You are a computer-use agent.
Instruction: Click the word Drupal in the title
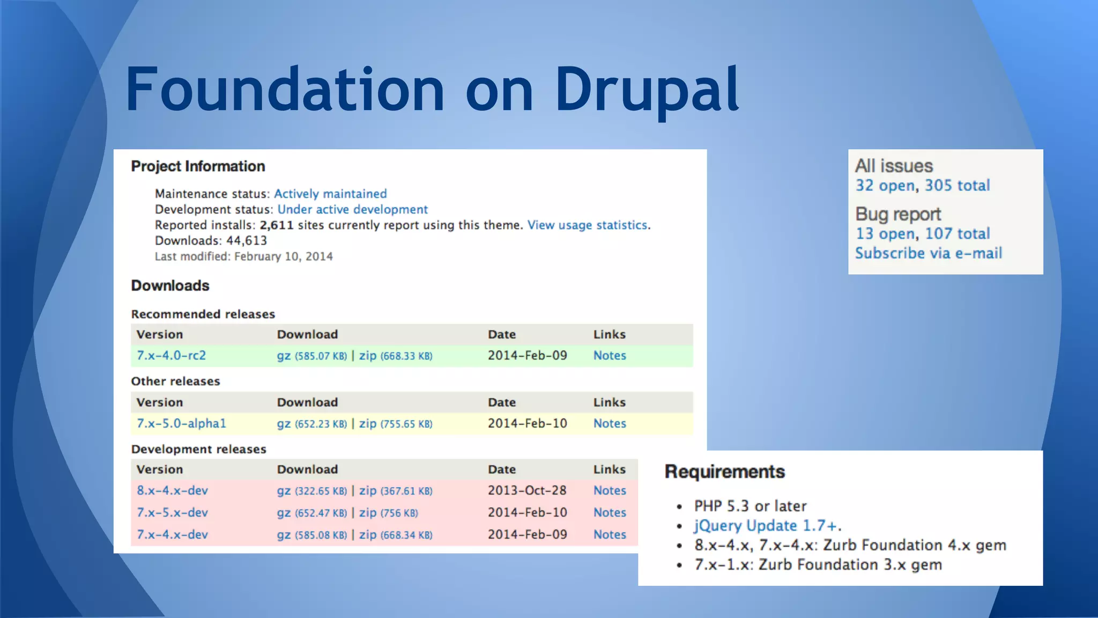coord(647,90)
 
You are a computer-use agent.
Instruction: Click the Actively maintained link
coord(330,194)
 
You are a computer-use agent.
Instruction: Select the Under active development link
coord(352,209)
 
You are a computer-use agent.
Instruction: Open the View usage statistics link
coord(587,225)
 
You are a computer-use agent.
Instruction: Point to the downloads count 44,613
coord(246,240)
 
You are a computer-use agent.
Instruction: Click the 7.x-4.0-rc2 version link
coord(171,355)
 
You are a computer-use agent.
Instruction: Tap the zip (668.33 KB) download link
coord(395,356)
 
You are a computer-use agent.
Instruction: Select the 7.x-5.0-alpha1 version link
coord(181,423)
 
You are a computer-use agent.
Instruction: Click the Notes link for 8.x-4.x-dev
coord(610,490)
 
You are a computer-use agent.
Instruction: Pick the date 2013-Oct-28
coord(527,490)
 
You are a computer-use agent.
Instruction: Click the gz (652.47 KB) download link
coord(311,512)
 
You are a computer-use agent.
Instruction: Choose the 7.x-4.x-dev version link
coord(172,534)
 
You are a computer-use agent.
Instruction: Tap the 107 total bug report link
coord(957,234)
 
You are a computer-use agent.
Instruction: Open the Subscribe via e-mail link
coord(928,253)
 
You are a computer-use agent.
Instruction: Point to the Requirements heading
coord(724,472)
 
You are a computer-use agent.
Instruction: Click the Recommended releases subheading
coord(203,314)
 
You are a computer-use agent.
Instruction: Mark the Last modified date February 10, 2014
coord(283,256)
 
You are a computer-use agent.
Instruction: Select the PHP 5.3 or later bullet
coord(750,506)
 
